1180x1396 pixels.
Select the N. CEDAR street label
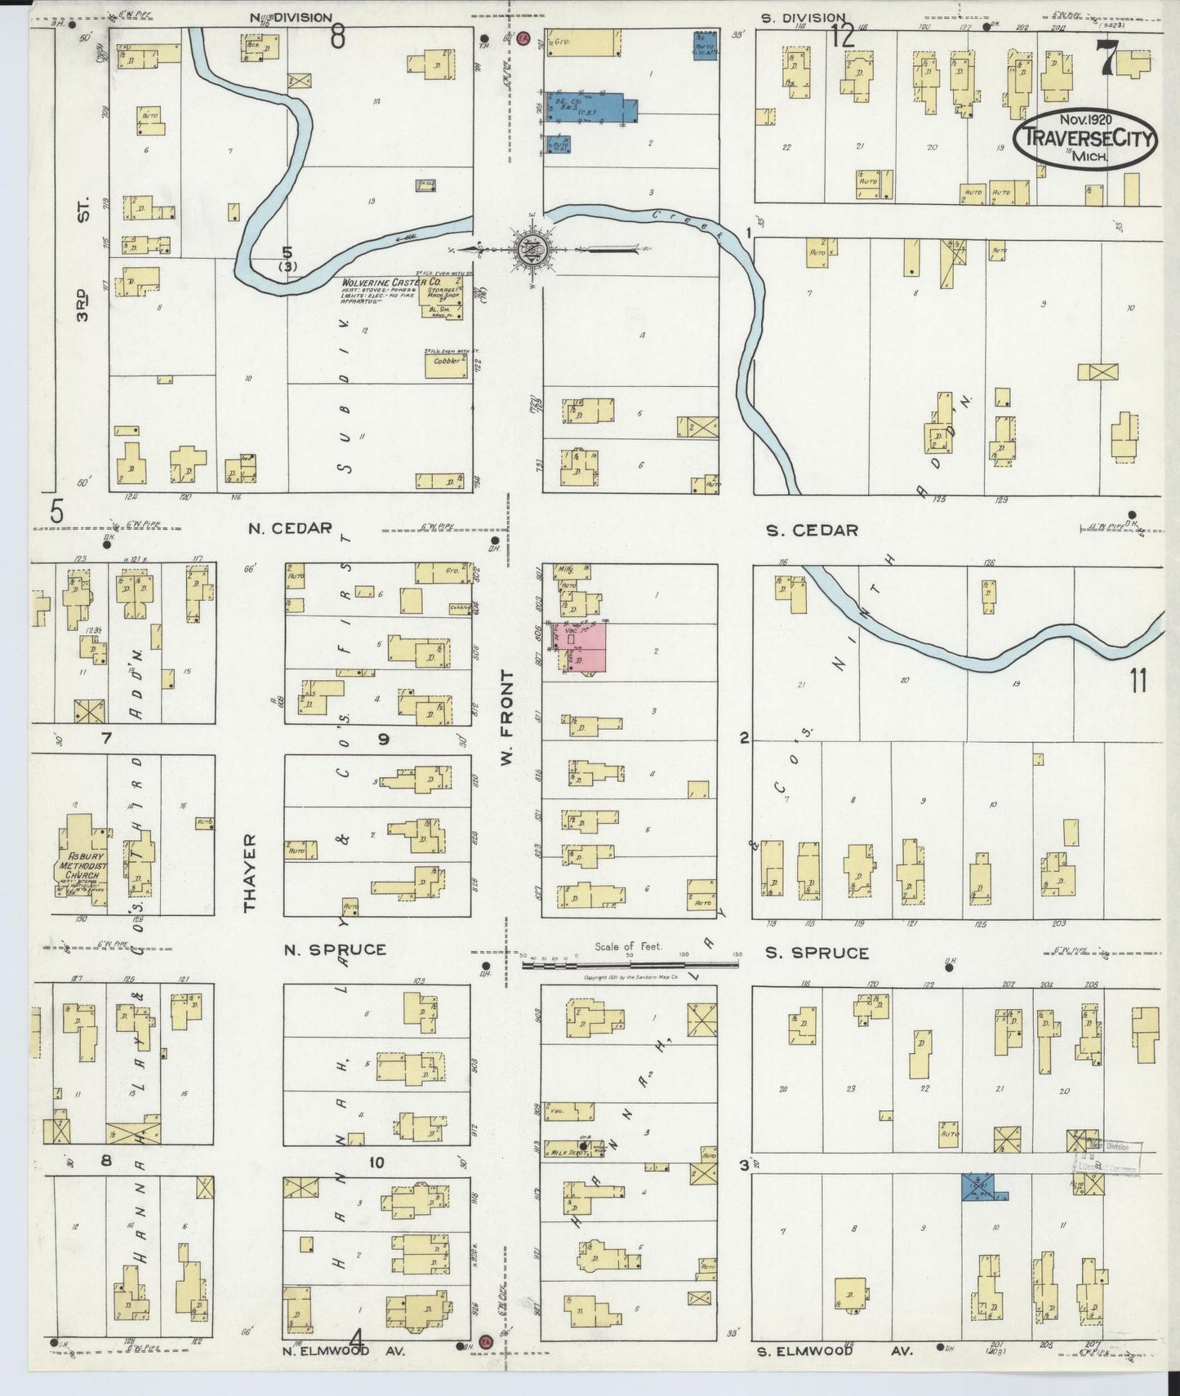290,528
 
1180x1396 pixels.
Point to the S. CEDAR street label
812,531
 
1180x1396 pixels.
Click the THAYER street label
250,873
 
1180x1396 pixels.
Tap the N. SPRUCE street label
335,950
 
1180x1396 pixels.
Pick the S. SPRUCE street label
817,953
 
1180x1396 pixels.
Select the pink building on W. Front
581,648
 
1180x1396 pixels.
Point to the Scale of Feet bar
629,964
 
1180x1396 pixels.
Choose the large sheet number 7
1107,59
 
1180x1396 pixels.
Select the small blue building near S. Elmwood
980,1187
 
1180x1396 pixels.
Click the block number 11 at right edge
1138,679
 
